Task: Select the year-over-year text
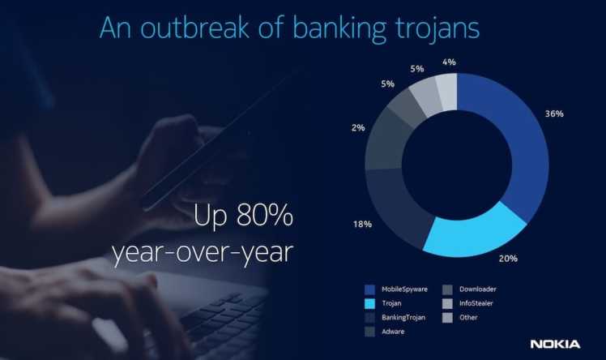point(202,253)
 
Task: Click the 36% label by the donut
point(554,114)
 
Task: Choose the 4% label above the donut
point(449,62)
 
